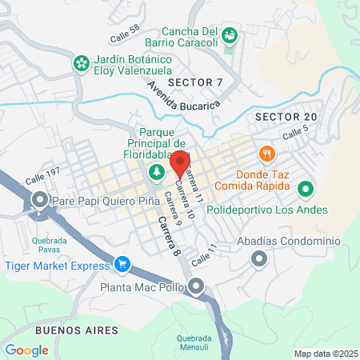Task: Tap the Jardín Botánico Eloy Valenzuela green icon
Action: [81, 62]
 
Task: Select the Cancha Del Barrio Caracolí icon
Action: [230, 34]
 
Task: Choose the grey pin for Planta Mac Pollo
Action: [197, 286]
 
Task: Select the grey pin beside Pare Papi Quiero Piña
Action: [39, 201]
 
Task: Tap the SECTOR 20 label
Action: [286, 117]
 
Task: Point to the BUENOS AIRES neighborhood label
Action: [77, 330]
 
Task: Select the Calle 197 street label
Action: [42, 180]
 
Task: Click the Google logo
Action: [27, 350]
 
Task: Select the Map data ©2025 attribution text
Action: [325, 353]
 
